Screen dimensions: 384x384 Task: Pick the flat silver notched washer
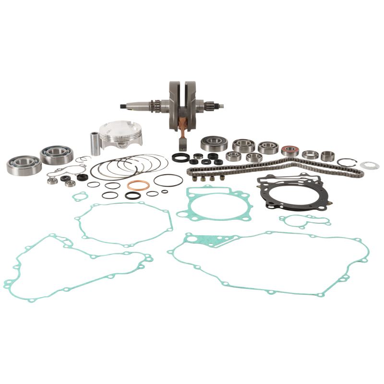click(x=370, y=166)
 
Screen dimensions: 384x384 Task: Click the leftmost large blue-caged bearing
click(x=23, y=165)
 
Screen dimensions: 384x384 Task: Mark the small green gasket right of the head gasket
click(x=306, y=220)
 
